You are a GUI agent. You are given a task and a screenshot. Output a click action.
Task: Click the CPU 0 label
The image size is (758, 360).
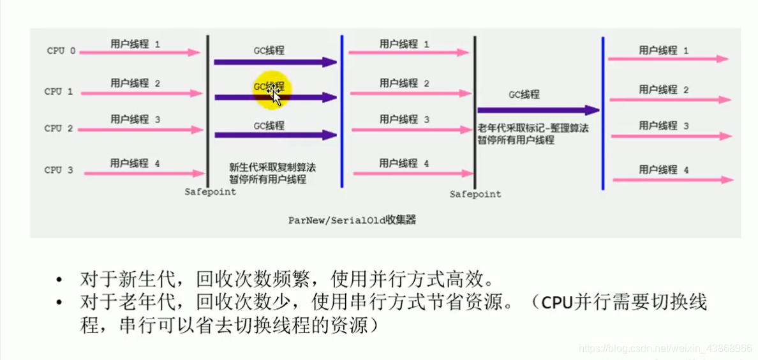pos(61,51)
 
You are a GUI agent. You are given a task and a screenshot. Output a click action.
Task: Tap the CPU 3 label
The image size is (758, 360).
pos(59,170)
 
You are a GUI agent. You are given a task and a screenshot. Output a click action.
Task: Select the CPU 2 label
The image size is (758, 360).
pos(59,129)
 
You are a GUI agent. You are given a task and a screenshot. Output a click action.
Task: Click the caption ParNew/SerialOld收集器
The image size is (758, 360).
pos(352,220)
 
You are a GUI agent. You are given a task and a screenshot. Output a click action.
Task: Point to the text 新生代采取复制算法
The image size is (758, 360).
pos(272,167)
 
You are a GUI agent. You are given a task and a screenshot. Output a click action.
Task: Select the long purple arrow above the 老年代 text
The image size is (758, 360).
pos(538,110)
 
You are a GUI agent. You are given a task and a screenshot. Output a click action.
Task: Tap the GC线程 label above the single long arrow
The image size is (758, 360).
pos(524,94)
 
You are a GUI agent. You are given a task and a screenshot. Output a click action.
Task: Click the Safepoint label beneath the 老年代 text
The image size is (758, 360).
pos(475,194)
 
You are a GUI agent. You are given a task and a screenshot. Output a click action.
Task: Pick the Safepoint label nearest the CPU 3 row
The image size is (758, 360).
pos(210,191)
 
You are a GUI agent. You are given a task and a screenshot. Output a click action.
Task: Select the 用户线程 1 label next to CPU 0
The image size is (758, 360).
pos(135,44)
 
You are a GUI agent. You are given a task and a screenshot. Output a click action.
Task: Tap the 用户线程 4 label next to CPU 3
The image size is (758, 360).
pos(135,163)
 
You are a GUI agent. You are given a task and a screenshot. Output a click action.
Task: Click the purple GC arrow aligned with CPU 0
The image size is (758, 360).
pos(275,62)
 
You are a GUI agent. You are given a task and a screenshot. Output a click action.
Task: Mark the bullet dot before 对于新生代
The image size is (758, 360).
pos(59,280)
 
